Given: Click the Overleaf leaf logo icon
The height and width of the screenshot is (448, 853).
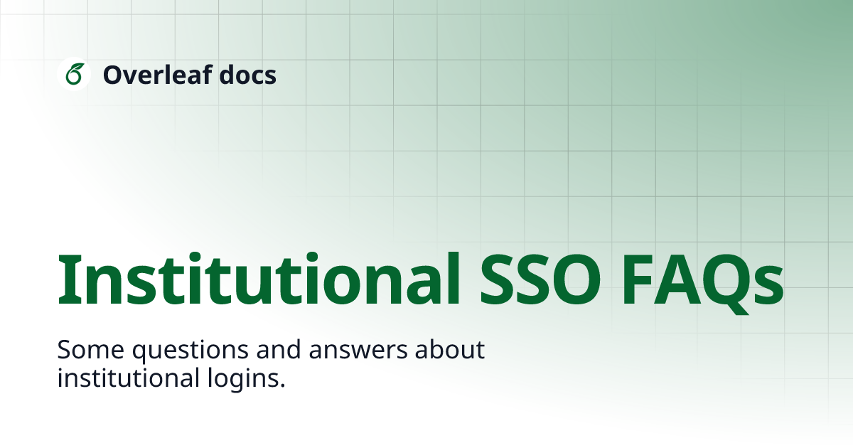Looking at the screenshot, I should coord(73,74).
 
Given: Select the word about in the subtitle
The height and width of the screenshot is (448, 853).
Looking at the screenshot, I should coord(454,350).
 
